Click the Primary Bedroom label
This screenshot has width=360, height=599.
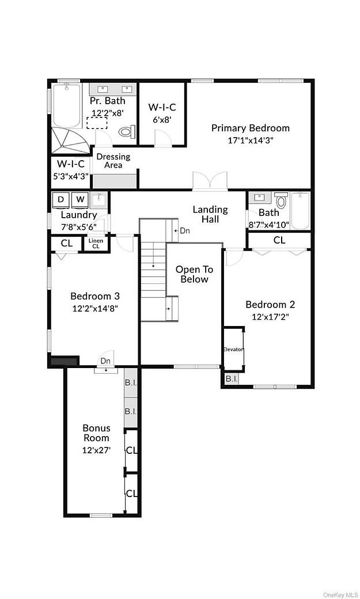pyautogui.click(x=250, y=128)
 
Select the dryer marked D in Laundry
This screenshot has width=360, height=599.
pyautogui.click(x=60, y=200)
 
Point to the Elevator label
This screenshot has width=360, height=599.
pyautogui.click(x=233, y=350)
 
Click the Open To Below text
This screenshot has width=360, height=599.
pyautogui.click(x=194, y=274)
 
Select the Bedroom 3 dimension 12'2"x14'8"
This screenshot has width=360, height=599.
pyautogui.click(x=95, y=308)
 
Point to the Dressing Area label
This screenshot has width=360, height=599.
pyautogui.click(x=113, y=161)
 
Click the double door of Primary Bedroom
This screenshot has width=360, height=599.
pyautogui.click(x=210, y=181)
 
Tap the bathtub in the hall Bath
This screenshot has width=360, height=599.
pyautogui.click(x=301, y=211)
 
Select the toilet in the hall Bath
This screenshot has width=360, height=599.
pyautogui.click(x=281, y=202)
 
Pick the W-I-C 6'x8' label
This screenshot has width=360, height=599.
pyautogui.click(x=162, y=113)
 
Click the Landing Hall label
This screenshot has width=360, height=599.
pyautogui.click(x=210, y=214)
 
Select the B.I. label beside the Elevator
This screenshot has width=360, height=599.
pyautogui.click(x=231, y=378)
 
